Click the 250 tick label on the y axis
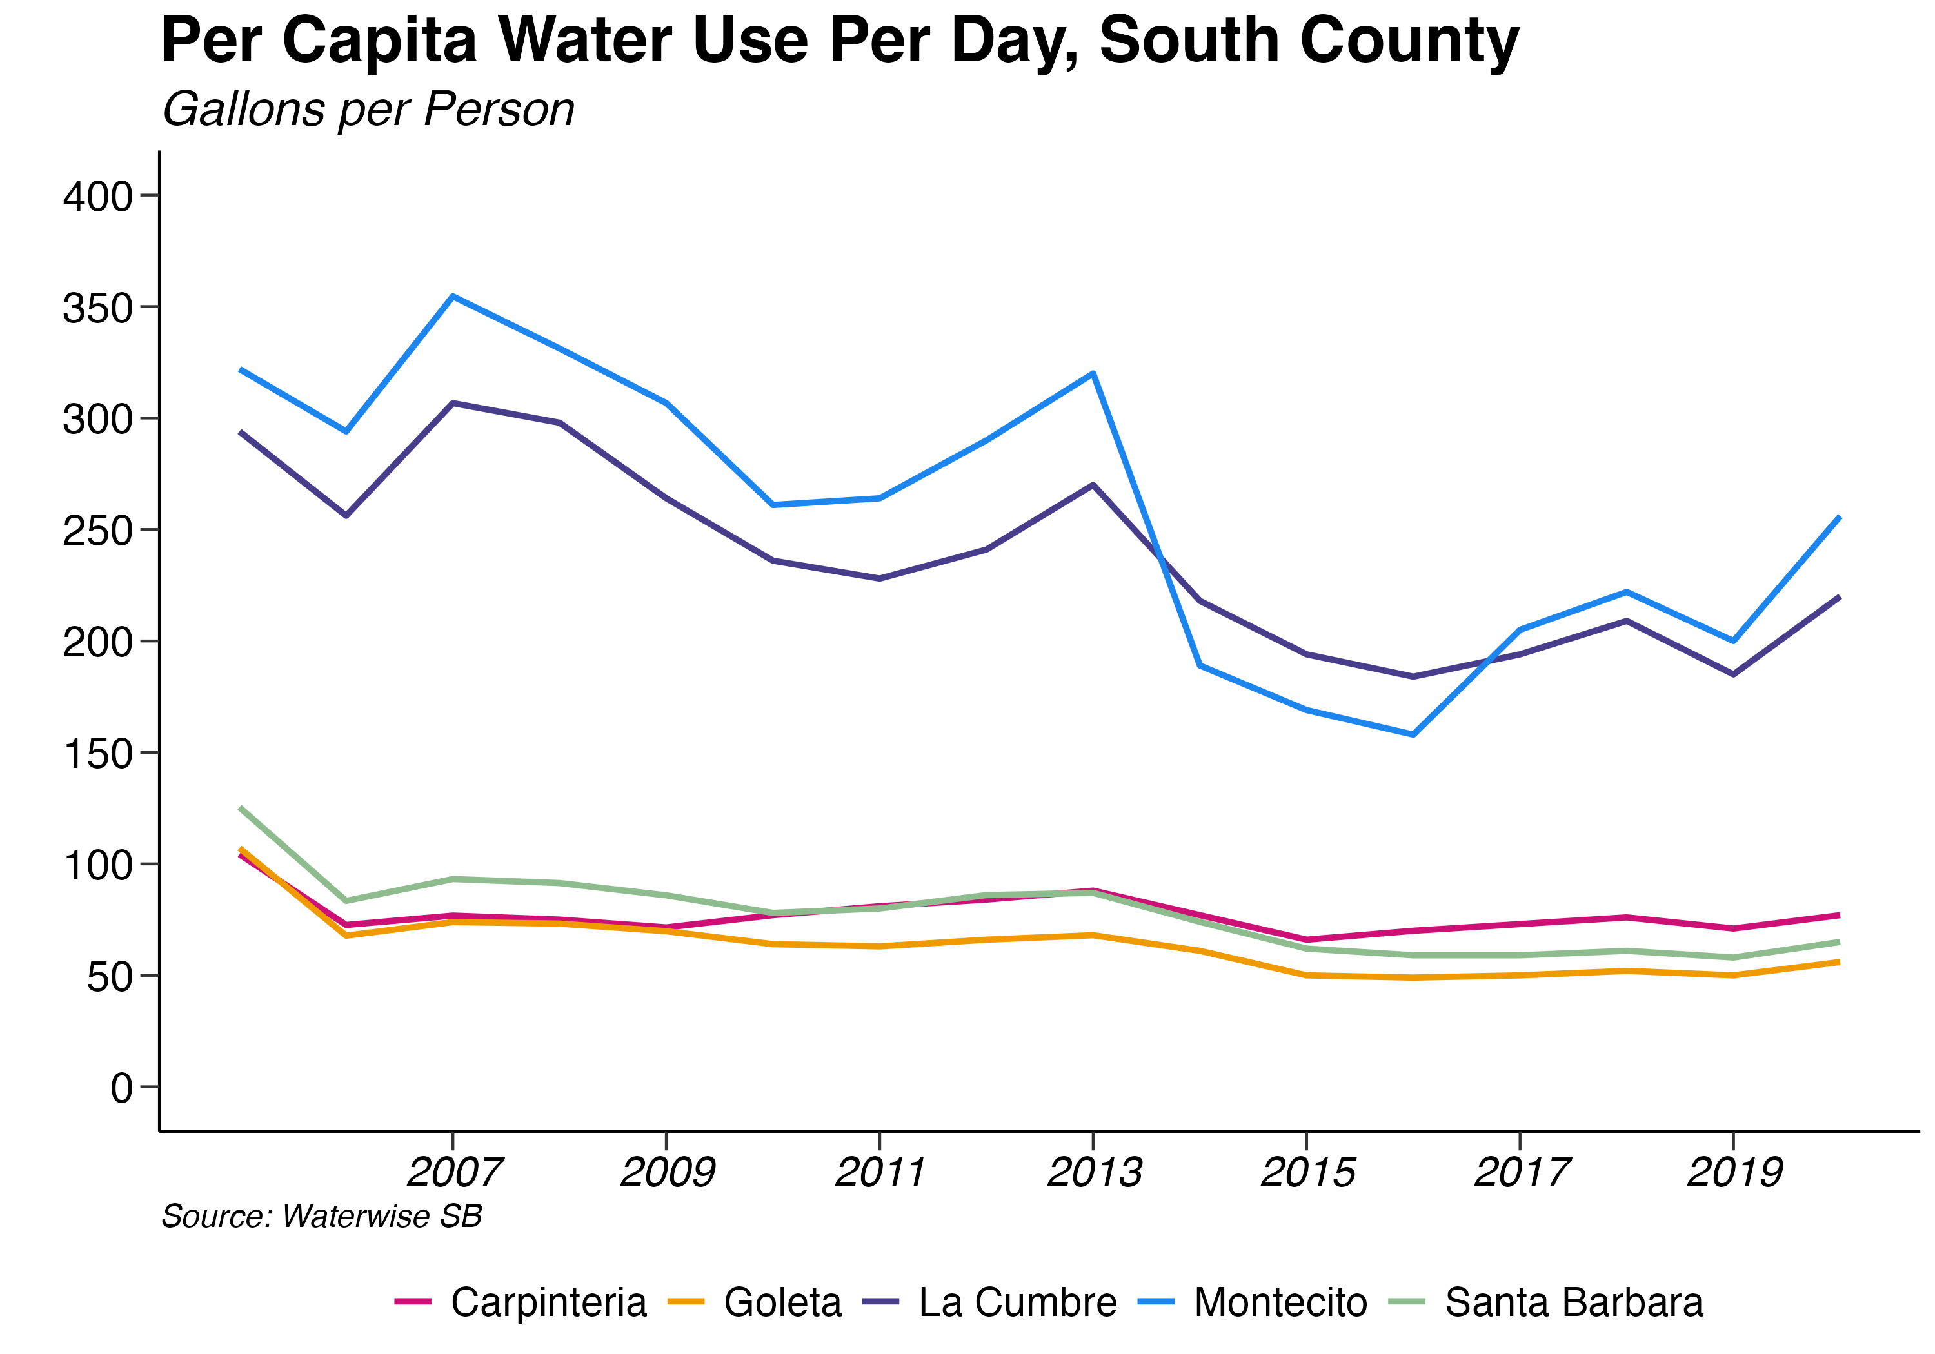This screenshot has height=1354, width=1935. point(98,531)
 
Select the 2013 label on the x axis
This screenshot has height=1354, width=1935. point(1094,1172)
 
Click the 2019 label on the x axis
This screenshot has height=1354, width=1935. point(1734,1172)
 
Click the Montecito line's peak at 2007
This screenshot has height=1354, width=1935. point(453,297)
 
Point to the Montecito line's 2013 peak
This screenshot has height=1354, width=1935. point(1093,373)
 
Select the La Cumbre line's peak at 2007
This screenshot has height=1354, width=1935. point(453,403)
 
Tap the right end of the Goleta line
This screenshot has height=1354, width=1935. point(1839,961)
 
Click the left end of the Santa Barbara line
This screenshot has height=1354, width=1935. point(241,808)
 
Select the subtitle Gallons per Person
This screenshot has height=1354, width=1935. point(368,110)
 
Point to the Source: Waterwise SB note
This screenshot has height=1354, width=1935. point(321,1217)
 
